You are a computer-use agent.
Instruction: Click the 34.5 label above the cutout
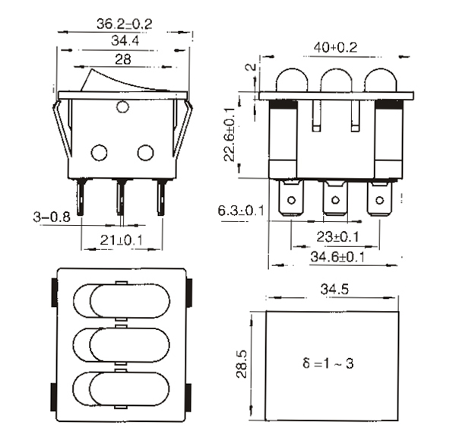(334, 290)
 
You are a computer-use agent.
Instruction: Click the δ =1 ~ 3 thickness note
(328, 363)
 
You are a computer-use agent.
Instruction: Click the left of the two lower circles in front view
(99, 153)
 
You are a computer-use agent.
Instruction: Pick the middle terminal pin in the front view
(120, 197)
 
